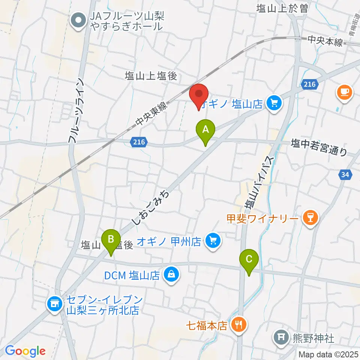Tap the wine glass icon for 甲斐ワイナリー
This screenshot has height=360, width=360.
pos(310,217)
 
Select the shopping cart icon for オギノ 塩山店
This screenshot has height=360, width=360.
pos(274,102)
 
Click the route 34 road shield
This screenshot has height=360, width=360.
pos(345,174)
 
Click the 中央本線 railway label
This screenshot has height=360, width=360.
pos(325,41)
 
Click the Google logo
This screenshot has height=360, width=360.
pos(25,351)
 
